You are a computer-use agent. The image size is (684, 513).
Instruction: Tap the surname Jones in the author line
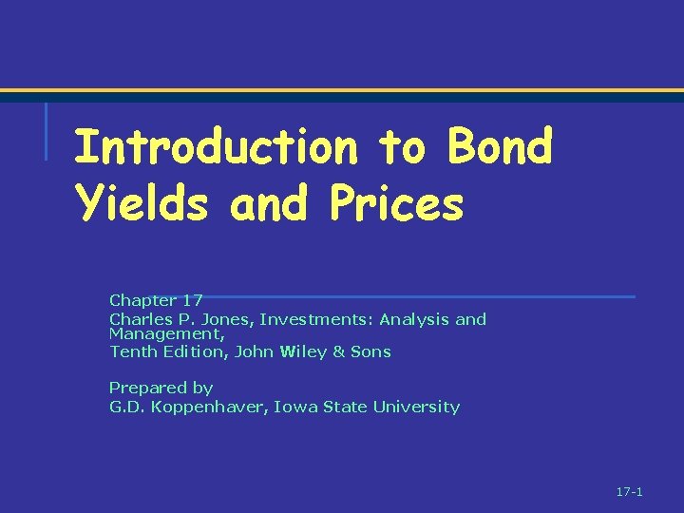227,319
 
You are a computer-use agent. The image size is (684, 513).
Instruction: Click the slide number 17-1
630,492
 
